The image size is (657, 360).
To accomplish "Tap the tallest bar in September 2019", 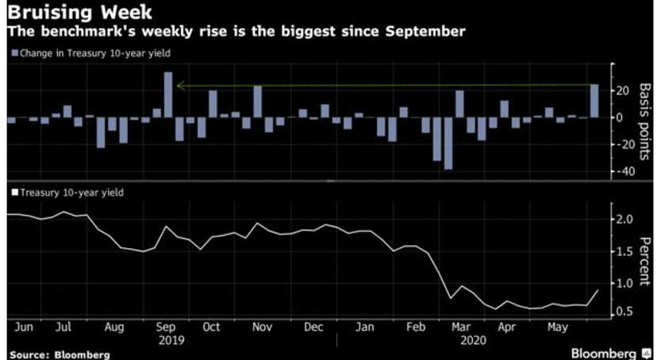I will click(x=168, y=94).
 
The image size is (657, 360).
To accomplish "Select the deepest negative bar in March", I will click(x=448, y=143).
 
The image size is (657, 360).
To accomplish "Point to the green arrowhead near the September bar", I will click(x=181, y=86).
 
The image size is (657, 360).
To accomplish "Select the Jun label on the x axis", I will click(x=23, y=327).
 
